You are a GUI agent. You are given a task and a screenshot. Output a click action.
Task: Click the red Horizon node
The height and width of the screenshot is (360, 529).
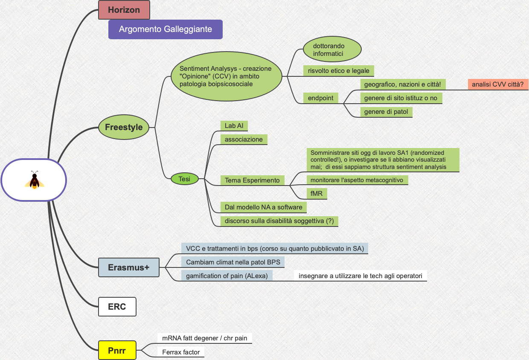pos(124,10)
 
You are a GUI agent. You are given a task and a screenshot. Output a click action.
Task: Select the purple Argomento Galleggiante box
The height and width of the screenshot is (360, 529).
pos(166,29)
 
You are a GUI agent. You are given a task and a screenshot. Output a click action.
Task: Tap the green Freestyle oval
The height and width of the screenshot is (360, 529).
pos(124,127)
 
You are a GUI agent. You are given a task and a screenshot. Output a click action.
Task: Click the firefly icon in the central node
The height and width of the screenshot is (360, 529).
pos(34,180)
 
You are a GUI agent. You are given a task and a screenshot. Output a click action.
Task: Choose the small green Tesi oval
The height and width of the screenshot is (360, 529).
pos(185,179)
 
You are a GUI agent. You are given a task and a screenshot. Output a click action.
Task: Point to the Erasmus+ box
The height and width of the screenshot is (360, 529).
pos(128,267)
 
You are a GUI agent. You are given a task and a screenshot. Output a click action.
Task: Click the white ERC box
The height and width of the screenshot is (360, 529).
pos(117,307)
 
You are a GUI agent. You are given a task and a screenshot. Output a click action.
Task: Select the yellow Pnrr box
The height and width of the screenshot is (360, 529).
pos(117,350)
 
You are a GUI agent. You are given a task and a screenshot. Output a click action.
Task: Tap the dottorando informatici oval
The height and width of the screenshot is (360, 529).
pos(332,50)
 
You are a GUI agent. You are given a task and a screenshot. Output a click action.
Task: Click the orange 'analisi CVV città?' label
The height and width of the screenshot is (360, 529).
pos(497,84)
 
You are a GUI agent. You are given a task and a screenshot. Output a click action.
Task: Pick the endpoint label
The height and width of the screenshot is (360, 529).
pos(320,98)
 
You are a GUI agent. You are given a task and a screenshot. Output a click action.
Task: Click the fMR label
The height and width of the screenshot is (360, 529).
pos(317,194)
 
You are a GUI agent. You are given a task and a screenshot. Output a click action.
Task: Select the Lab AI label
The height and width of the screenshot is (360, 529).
pos(234,126)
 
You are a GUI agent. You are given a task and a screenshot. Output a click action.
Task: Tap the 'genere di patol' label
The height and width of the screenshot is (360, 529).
pos(386,112)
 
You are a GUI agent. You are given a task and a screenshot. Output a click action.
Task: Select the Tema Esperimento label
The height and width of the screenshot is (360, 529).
pos(252,180)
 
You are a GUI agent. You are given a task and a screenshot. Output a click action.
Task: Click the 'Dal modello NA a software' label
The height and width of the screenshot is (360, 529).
pos(263,207)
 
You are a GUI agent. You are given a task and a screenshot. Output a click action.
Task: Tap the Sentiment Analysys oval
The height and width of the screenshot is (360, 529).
pos(226,76)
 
